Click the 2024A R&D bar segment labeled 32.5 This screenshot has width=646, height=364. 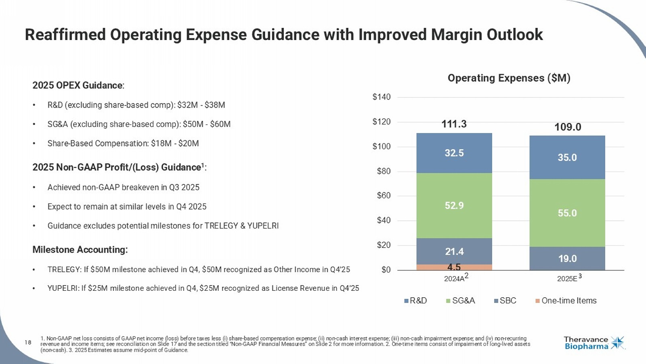[x=454, y=153]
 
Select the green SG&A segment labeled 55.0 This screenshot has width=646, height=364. [x=567, y=213]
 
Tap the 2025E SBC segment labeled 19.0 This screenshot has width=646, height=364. [x=567, y=258]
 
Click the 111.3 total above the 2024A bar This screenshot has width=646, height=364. [x=454, y=124]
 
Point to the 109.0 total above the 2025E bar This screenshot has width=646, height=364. [x=568, y=127]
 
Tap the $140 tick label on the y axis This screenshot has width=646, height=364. [x=382, y=97]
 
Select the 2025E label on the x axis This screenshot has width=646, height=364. [x=567, y=279]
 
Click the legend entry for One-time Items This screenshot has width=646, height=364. [x=568, y=301]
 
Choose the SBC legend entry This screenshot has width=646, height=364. [x=508, y=301]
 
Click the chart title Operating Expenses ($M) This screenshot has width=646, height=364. [x=509, y=78]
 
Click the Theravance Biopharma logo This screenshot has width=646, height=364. [x=594, y=343]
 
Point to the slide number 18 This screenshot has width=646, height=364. [x=28, y=343]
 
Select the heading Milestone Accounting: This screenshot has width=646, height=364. [x=80, y=250]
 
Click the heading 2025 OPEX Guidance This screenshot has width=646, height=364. [x=78, y=85]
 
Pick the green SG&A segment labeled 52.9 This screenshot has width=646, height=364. [x=454, y=205]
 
